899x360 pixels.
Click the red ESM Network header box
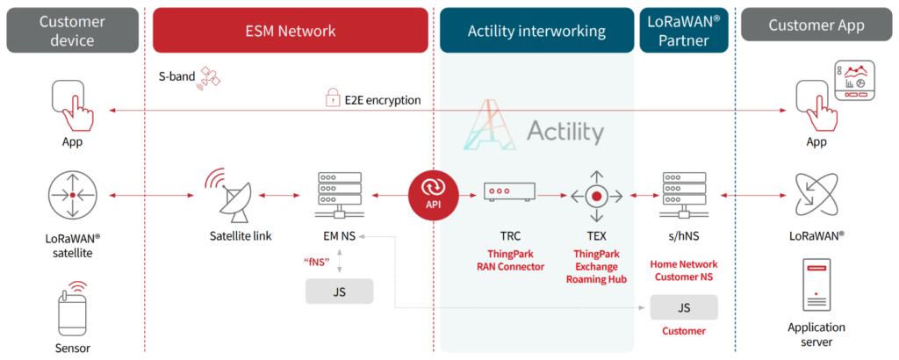[x=290, y=31]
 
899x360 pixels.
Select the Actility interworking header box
[x=536, y=31]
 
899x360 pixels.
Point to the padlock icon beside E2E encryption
[x=333, y=100]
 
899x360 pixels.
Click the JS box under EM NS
[x=339, y=291]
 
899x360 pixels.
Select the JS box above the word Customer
[x=684, y=307]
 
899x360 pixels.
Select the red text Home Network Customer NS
[x=684, y=270]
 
